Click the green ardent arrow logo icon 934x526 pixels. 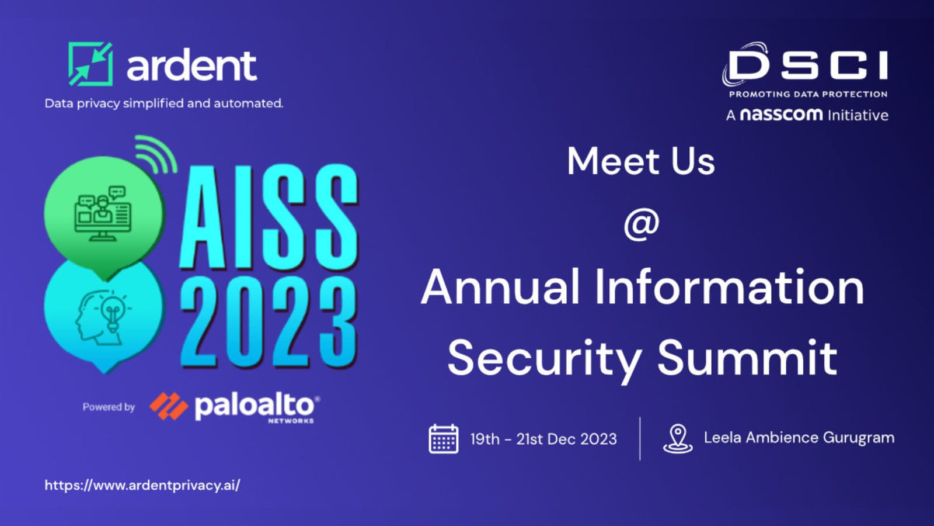[90, 64]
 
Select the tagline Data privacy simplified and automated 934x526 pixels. [164, 103]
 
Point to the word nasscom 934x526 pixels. [781, 115]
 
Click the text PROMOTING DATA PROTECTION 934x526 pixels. [808, 94]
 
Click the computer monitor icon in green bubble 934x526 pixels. [103, 213]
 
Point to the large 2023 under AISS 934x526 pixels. [269, 321]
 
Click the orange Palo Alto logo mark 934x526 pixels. [169, 406]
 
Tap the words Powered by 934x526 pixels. [109, 407]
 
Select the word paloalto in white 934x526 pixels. [254, 406]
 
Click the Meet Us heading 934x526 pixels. [641, 161]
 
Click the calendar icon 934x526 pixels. [444, 438]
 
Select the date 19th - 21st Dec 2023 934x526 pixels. [543, 439]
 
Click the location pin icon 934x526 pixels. [678, 438]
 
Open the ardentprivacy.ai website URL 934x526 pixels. [142, 485]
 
